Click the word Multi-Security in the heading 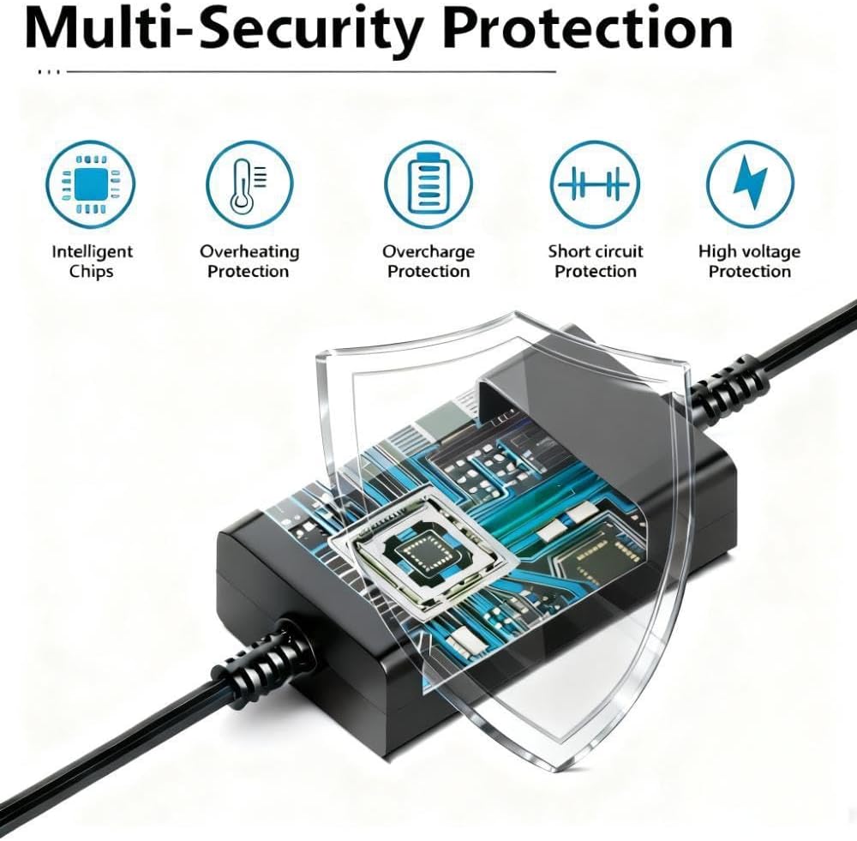tap(224, 28)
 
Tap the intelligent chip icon tap(90, 185)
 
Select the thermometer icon tap(249, 185)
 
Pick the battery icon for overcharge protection tap(428, 185)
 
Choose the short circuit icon tap(595, 185)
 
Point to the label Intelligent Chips tap(92, 261)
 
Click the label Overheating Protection tap(249, 261)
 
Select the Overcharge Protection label tap(428, 261)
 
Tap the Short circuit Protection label tap(596, 261)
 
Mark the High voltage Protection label tap(749, 261)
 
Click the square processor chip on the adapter tap(423, 553)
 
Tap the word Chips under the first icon tap(92, 272)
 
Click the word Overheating tap(249, 252)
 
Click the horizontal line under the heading tap(311, 71)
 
